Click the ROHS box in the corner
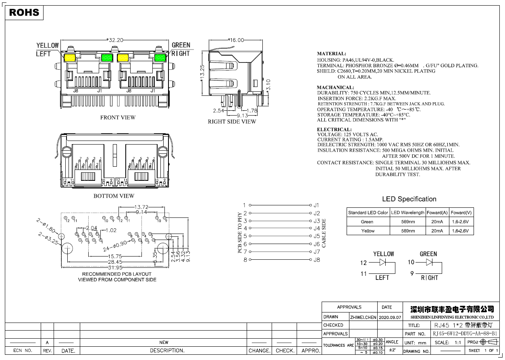(24, 12)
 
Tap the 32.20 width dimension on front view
(115, 40)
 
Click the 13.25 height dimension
(202, 73)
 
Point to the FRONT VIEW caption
(118, 118)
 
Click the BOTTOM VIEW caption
(114, 196)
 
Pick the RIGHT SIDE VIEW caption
(232, 122)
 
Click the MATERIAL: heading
(331, 54)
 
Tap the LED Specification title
(409, 199)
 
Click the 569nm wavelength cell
(408, 221)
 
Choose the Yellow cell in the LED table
(368, 231)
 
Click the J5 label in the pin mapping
(317, 236)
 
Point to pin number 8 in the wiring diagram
(245, 260)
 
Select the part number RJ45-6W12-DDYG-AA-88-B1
(465, 334)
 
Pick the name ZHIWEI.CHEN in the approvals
(363, 317)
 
